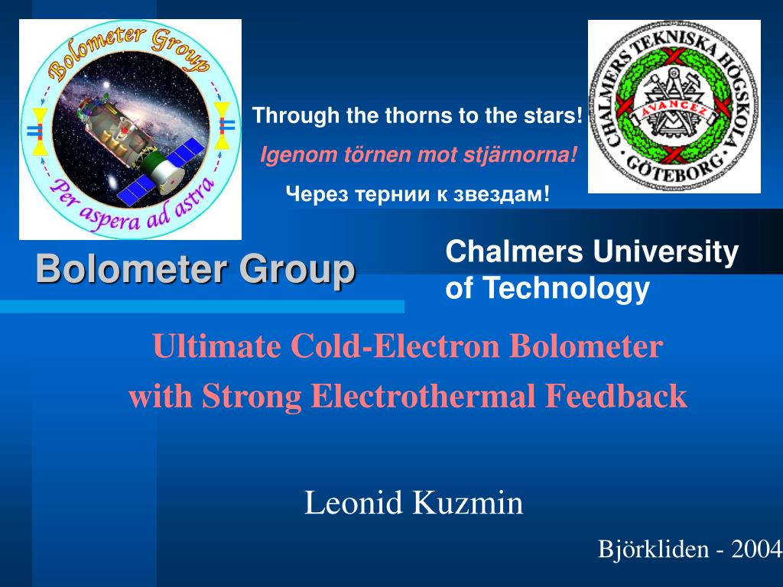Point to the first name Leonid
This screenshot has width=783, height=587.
[354, 504]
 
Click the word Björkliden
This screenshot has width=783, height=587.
[653, 549]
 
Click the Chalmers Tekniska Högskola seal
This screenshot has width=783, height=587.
[674, 106]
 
